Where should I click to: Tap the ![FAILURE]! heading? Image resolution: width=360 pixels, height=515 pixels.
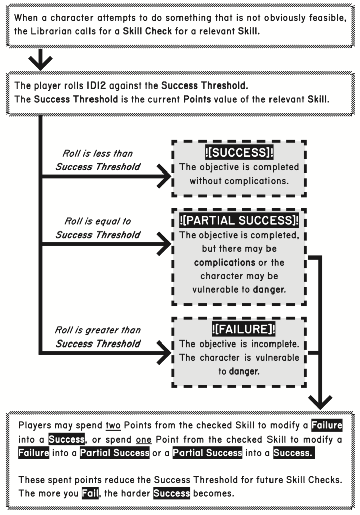239,330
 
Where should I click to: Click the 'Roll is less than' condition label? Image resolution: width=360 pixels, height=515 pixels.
98,153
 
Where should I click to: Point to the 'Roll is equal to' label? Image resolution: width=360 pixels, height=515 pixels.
97,221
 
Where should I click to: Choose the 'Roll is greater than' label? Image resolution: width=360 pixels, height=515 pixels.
98,330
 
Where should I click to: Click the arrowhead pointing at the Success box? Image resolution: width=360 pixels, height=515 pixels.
164,177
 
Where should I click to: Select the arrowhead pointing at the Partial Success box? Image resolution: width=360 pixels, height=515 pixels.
164,245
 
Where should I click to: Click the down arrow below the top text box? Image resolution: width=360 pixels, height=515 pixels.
40,62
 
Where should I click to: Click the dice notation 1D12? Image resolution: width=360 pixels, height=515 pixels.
101,84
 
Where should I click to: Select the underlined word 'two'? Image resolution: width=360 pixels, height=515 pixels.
113,425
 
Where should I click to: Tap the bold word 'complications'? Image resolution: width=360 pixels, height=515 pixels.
224,262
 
